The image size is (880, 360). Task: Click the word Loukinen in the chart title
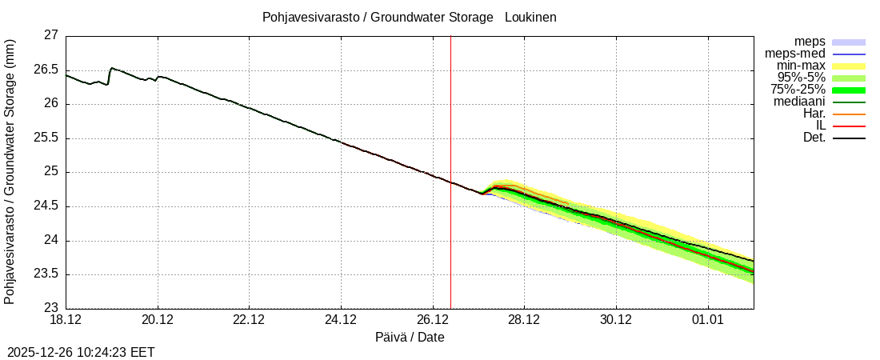click(x=530, y=17)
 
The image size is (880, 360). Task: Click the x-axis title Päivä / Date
click(x=410, y=338)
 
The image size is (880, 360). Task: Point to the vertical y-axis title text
click(x=10, y=172)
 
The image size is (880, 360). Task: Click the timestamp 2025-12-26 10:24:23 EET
click(x=81, y=352)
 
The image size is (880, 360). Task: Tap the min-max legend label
click(x=801, y=66)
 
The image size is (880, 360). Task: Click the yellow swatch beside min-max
click(x=849, y=66)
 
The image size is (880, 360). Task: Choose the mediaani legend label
click(x=799, y=102)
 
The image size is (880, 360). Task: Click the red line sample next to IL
click(x=849, y=126)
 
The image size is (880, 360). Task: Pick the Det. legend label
click(x=814, y=138)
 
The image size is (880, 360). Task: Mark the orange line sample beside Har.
click(x=849, y=114)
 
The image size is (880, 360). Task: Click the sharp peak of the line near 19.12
click(x=111, y=68)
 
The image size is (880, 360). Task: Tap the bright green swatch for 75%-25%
click(x=849, y=90)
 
